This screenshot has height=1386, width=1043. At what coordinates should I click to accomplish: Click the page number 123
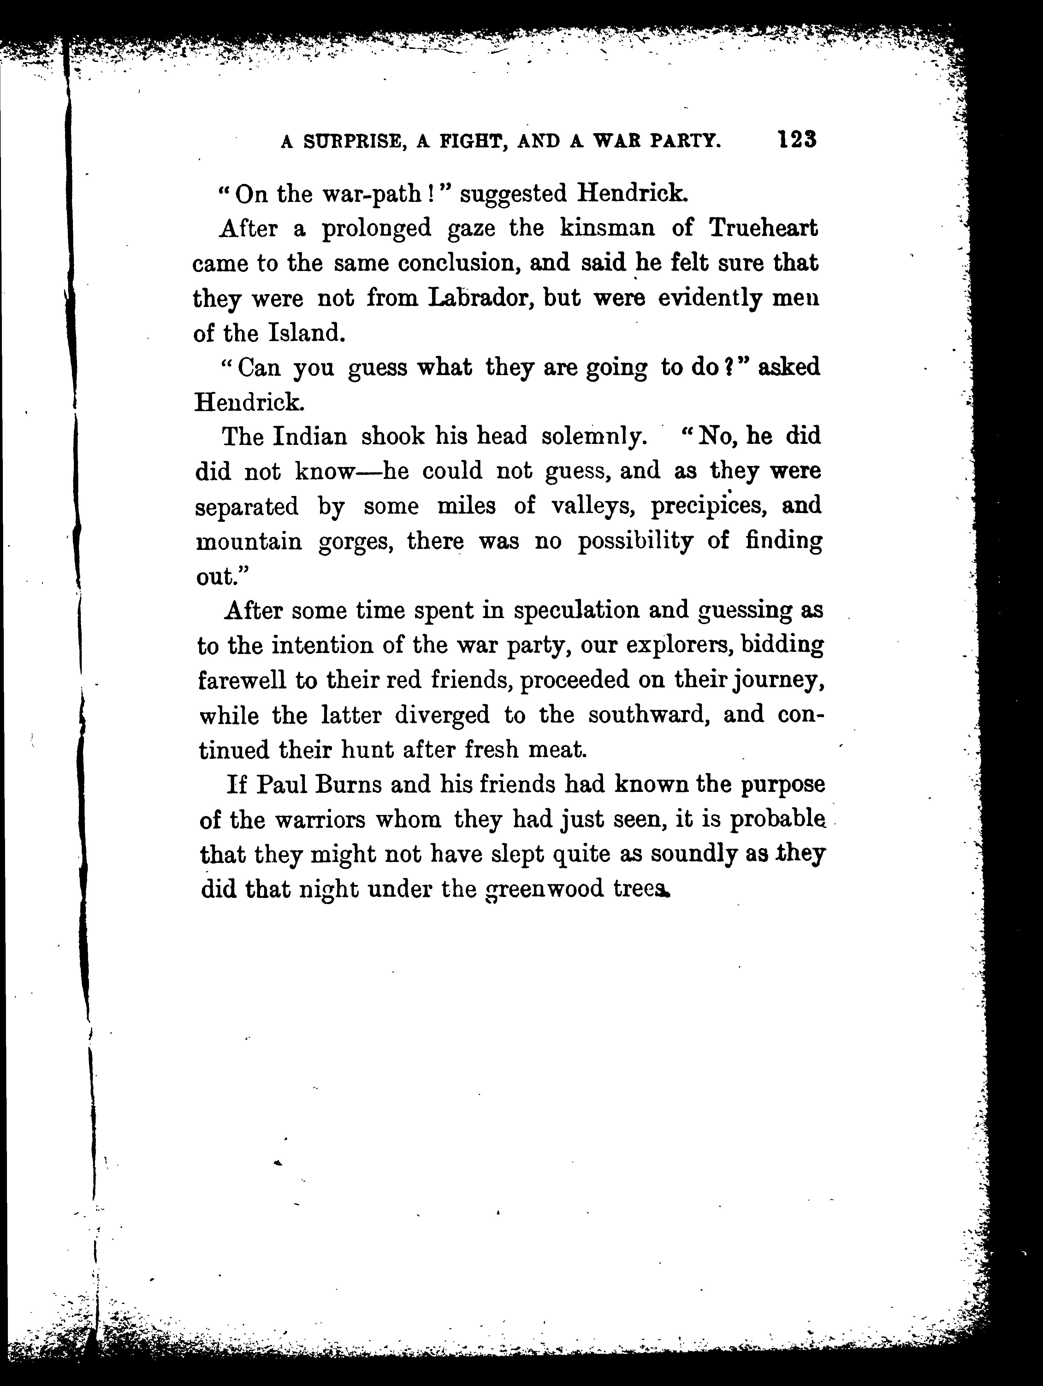point(797,139)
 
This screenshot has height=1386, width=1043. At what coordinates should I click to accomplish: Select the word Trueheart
point(763,228)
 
